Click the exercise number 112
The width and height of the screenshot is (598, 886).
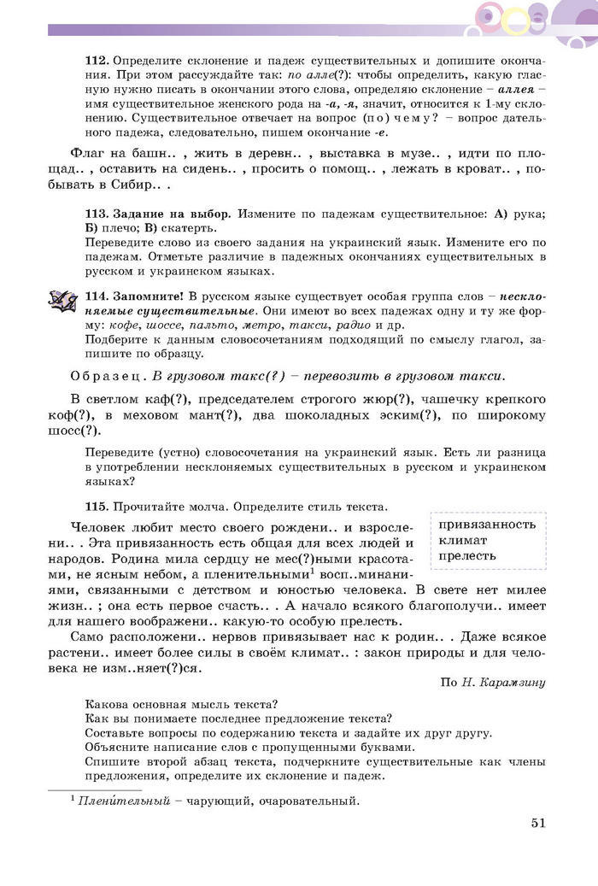tap(97, 62)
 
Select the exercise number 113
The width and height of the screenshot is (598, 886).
tap(97, 213)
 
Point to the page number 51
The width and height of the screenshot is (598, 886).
tap(538, 823)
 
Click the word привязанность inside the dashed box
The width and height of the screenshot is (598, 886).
tap(487, 525)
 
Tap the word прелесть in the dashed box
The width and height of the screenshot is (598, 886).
tap(467, 556)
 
